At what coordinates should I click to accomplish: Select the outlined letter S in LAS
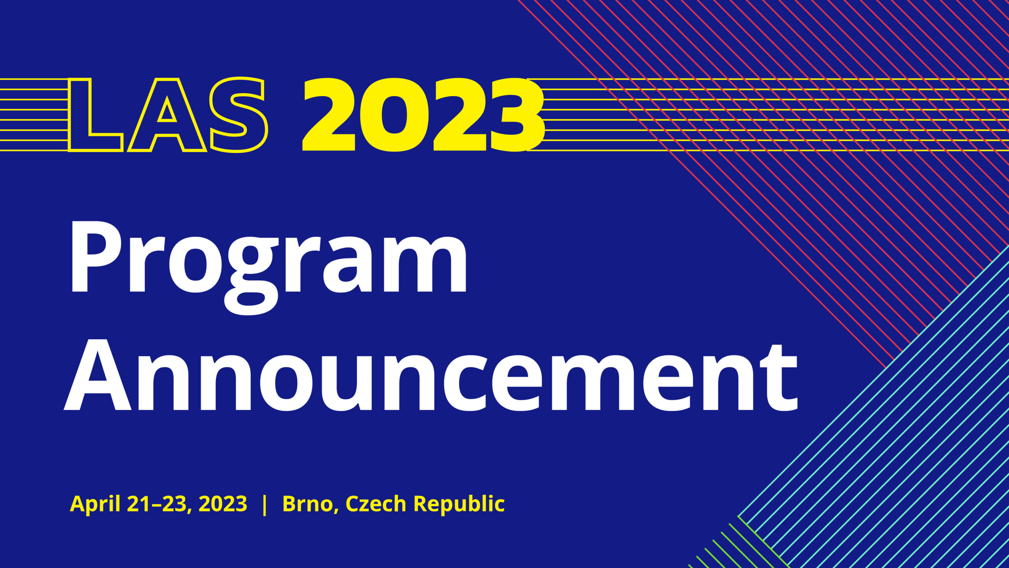click(238, 114)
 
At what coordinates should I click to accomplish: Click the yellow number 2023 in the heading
click(424, 114)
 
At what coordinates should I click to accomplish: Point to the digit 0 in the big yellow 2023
click(394, 114)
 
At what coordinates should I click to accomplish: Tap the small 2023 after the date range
click(223, 504)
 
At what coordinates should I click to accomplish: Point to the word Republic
click(459, 504)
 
